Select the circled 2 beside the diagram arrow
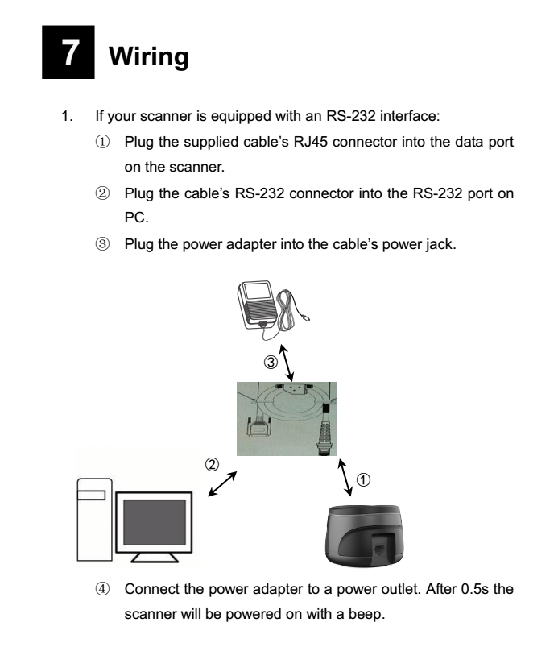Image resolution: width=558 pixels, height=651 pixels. [213, 464]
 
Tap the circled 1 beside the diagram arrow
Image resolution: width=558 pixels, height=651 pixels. [362, 479]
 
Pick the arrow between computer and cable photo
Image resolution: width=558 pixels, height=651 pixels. [223, 485]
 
